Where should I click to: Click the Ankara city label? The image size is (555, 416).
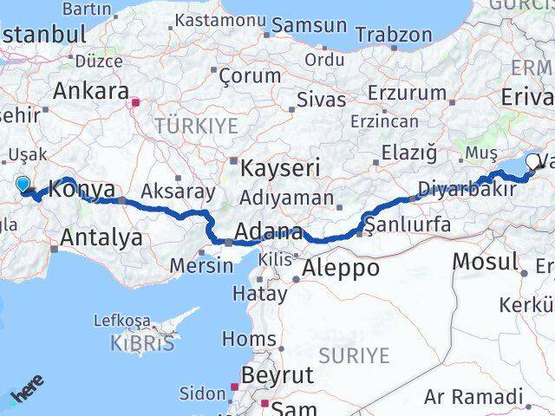pos(91,90)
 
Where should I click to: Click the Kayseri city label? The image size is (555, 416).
pos(280,166)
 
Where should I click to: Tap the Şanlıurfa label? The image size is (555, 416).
pos(408,225)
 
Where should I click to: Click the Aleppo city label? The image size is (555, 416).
pos(339,268)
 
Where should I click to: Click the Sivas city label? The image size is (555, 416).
pos(321,99)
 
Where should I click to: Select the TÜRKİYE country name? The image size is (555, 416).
pos(196,127)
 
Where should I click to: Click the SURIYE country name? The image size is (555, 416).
pos(355,354)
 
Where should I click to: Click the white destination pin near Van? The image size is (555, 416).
pos(532,160)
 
